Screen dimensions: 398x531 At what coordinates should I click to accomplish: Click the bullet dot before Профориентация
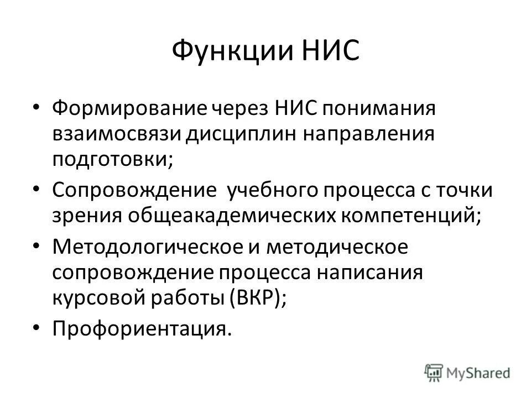[37, 328]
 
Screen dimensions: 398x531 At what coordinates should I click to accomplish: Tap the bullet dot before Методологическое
[37, 245]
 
